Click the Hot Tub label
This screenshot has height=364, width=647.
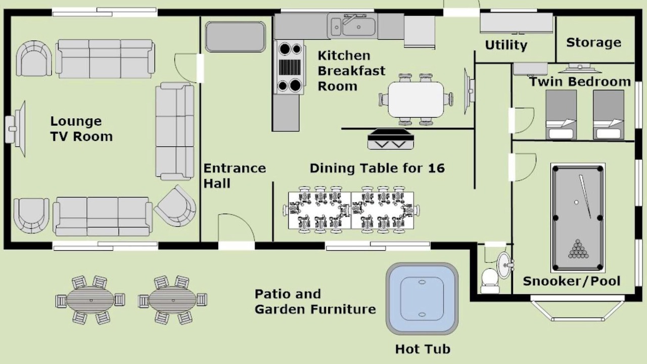point(423,349)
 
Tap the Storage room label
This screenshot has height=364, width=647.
point(593,42)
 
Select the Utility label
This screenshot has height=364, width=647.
point(506,45)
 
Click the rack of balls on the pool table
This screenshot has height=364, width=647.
point(578,249)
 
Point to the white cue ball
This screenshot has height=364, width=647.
point(576,203)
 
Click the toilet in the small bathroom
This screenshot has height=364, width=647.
point(490,281)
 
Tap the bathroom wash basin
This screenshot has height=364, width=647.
point(505,265)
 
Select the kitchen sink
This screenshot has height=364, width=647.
point(352,26)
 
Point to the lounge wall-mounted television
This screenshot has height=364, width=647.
point(16,129)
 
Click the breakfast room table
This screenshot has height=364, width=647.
point(415,100)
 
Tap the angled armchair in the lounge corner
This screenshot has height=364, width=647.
point(175,206)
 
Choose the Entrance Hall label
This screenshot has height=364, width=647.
point(235,175)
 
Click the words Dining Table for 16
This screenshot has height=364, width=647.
point(377,168)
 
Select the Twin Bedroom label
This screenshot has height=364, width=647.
point(580,82)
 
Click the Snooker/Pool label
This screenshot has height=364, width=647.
point(572,281)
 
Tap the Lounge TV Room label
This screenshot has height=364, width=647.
point(81,129)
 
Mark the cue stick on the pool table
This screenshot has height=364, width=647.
point(585,197)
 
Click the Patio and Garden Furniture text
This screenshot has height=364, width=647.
point(315,302)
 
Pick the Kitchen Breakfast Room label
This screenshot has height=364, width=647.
point(351,71)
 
